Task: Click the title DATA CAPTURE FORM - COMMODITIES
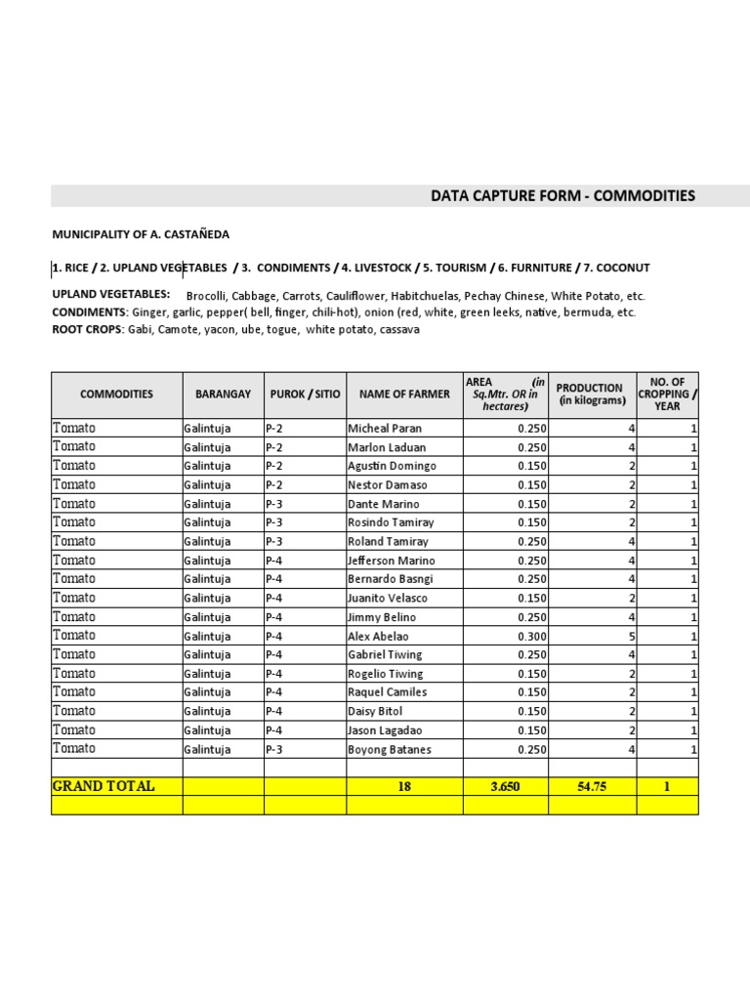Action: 563,196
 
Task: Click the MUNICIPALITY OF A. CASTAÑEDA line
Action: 141,234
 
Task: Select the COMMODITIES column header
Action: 116,395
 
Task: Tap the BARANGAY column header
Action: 223,395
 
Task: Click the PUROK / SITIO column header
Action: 305,395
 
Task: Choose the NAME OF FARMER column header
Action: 404,395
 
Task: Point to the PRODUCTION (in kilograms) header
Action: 591,395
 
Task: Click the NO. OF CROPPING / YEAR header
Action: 667,395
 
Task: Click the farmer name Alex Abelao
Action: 379,636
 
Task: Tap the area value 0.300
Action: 532,636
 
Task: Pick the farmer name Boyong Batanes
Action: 390,749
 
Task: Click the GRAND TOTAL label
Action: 104,786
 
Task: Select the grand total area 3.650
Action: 505,787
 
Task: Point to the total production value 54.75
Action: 592,787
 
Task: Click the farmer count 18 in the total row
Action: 404,787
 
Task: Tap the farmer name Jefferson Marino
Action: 392,561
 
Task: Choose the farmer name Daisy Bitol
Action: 375,711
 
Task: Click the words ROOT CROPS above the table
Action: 87,330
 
